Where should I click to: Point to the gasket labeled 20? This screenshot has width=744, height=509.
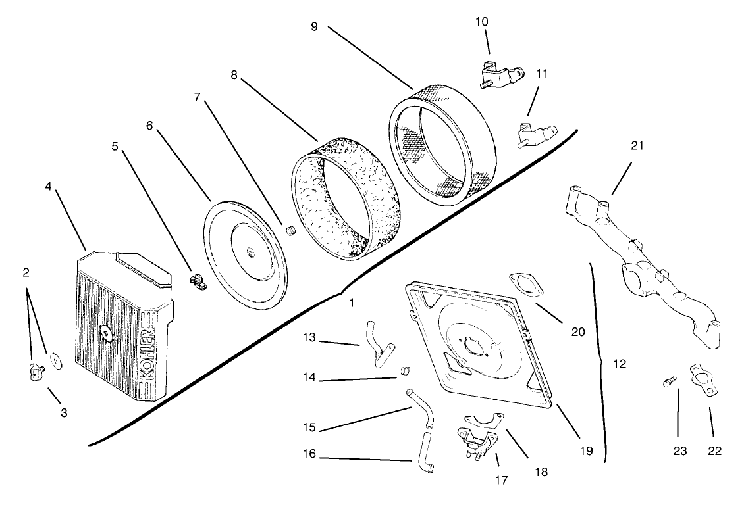pos(527,287)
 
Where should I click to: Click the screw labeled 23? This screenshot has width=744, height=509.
pos(669,381)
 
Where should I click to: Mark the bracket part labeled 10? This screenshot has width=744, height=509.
pos(500,77)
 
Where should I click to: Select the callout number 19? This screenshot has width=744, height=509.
pos(586,451)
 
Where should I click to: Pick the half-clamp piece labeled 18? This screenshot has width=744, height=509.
pos(483,422)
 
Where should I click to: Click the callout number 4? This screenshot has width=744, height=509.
pos(48,185)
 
